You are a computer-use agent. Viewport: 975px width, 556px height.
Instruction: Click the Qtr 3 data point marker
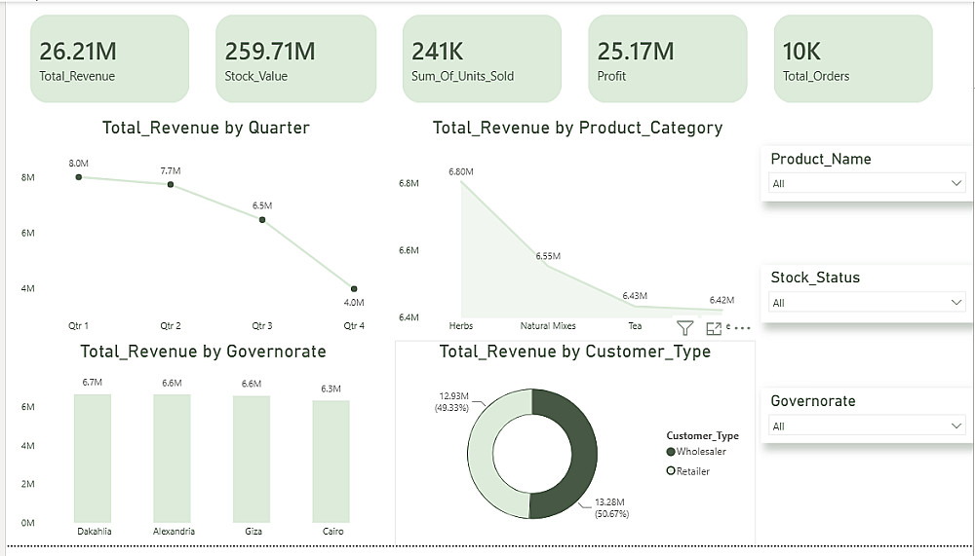pyautogui.click(x=262, y=220)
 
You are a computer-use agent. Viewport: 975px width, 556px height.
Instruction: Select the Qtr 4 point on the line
pyautogui.click(x=354, y=289)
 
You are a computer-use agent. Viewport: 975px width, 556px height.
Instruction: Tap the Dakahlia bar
pyautogui.click(x=93, y=459)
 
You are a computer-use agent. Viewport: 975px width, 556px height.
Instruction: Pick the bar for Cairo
pyautogui.click(x=331, y=462)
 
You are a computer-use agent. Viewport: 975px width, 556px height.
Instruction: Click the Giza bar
pyautogui.click(x=252, y=460)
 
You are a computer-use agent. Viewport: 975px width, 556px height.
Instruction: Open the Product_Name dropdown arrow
pyautogui.click(x=956, y=183)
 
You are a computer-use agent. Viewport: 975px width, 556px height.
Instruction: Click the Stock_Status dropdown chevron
pyautogui.click(x=956, y=303)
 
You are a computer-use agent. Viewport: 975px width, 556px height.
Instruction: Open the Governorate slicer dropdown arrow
pyautogui.click(x=956, y=426)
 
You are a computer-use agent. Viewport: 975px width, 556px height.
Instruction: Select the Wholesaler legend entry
pyautogui.click(x=696, y=452)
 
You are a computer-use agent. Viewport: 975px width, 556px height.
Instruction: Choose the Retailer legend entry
pyautogui.click(x=687, y=471)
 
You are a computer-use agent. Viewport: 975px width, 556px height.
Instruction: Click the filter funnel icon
pyautogui.click(x=684, y=328)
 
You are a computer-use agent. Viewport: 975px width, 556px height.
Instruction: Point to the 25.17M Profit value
pyautogui.click(x=636, y=52)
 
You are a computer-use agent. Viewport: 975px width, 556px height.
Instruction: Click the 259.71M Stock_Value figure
pyautogui.click(x=270, y=52)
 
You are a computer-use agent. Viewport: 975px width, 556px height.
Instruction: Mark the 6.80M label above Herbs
pyautogui.click(x=461, y=171)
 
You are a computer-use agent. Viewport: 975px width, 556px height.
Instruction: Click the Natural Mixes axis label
pyautogui.click(x=548, y=325)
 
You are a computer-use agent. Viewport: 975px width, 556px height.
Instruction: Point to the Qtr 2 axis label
pyautogui.click(x=171, y=325)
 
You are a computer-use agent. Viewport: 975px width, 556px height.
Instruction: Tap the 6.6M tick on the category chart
pyautogui.click(x=409, y=250)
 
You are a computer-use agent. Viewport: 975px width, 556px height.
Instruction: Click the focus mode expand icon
pyautogui.click(x=714, y=328)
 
